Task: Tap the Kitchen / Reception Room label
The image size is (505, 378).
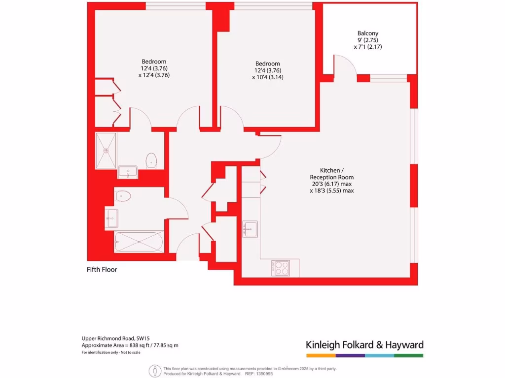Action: pyautogui.click(x=331, y=173)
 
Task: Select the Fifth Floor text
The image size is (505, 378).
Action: pyautogui.click(x=102, y=269)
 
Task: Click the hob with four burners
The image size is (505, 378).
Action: pyautogui.click(x=282, y=268)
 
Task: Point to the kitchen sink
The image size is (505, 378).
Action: pyautogui.click(x=250, y=228)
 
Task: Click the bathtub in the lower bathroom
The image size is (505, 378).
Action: pyautogui.click(x=139, y=242)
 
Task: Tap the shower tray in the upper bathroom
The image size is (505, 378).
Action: pyautogui.click(x=106, y=150)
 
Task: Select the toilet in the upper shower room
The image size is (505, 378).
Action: pyautogui.click(x=151, y=160)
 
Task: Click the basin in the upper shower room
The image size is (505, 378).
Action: pyautogui.click(x=128, y=172)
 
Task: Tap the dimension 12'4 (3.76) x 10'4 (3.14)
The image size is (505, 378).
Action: pyautogui.click(x=267, y=73)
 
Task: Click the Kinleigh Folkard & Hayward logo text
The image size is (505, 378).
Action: pyautogui.click(x=364, y=345)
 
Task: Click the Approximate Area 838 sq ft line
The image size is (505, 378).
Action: pyautogui.click(x=130, y=345)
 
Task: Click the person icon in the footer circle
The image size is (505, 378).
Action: pyautogui.click(x=156, y=371)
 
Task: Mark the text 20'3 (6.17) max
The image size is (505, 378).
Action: pyautogui.click(x=331, y=184)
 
